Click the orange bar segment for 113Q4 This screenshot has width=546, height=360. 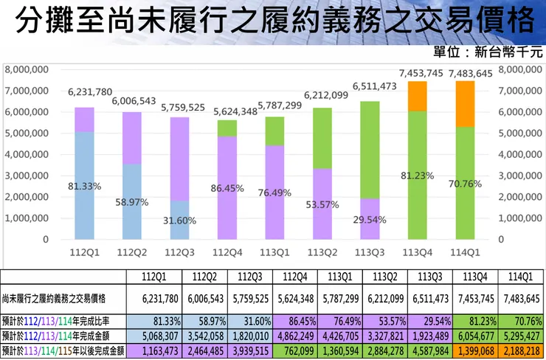pos(418,96)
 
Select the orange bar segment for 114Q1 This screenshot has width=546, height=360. pos(465,104)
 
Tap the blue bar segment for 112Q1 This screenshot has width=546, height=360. pos(84,185)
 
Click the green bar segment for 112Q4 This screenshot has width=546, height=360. pos(227,128)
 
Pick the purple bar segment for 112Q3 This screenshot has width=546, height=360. pos(179,159)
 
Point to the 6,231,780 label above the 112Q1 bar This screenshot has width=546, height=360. pos(84,92)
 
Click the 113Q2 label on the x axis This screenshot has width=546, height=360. pos(322,251)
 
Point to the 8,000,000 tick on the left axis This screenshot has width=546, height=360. pos(27,69)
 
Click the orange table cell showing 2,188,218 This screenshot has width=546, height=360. pos(522,349)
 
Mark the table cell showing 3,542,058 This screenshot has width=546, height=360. pos(201,335)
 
